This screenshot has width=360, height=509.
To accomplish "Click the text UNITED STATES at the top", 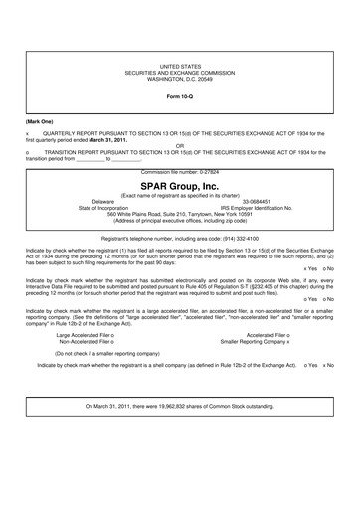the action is point(180,63).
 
